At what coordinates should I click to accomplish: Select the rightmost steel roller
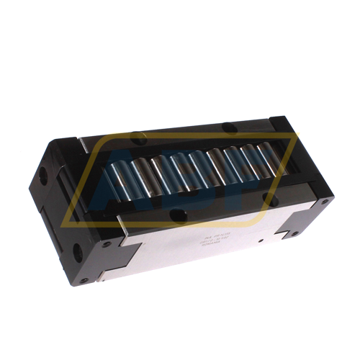click(x=268, y=158)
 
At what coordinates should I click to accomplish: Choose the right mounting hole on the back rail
click(x=229, y=128)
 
